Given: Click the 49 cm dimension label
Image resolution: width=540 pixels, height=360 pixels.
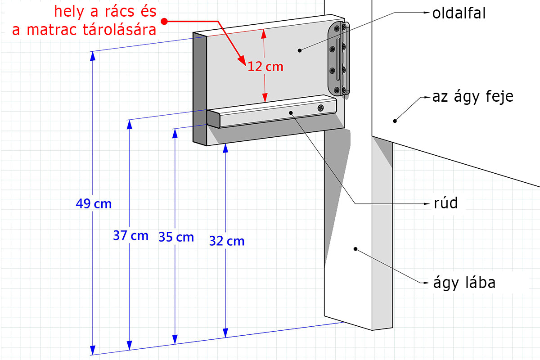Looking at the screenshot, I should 94,204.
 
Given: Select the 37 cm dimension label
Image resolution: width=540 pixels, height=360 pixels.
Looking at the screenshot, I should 130,235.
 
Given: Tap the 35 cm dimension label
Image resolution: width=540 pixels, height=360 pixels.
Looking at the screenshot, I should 176,237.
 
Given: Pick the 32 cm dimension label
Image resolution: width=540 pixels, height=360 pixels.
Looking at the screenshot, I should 227,241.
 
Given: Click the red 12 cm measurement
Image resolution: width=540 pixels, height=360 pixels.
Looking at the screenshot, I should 265,67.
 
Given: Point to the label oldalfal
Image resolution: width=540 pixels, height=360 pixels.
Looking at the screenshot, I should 459,13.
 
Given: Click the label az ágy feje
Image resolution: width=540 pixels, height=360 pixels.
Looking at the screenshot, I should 472,96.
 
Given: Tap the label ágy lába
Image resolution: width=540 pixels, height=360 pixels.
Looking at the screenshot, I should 464,283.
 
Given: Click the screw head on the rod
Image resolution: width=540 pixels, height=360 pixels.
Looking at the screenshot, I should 321,108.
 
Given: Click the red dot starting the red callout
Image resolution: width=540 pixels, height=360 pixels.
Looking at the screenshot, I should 165,21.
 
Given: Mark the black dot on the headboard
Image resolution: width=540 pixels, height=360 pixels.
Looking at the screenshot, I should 395,120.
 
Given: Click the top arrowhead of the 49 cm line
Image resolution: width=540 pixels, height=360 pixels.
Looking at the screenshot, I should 93,56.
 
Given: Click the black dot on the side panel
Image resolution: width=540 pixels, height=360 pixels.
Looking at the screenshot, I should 299,50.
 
